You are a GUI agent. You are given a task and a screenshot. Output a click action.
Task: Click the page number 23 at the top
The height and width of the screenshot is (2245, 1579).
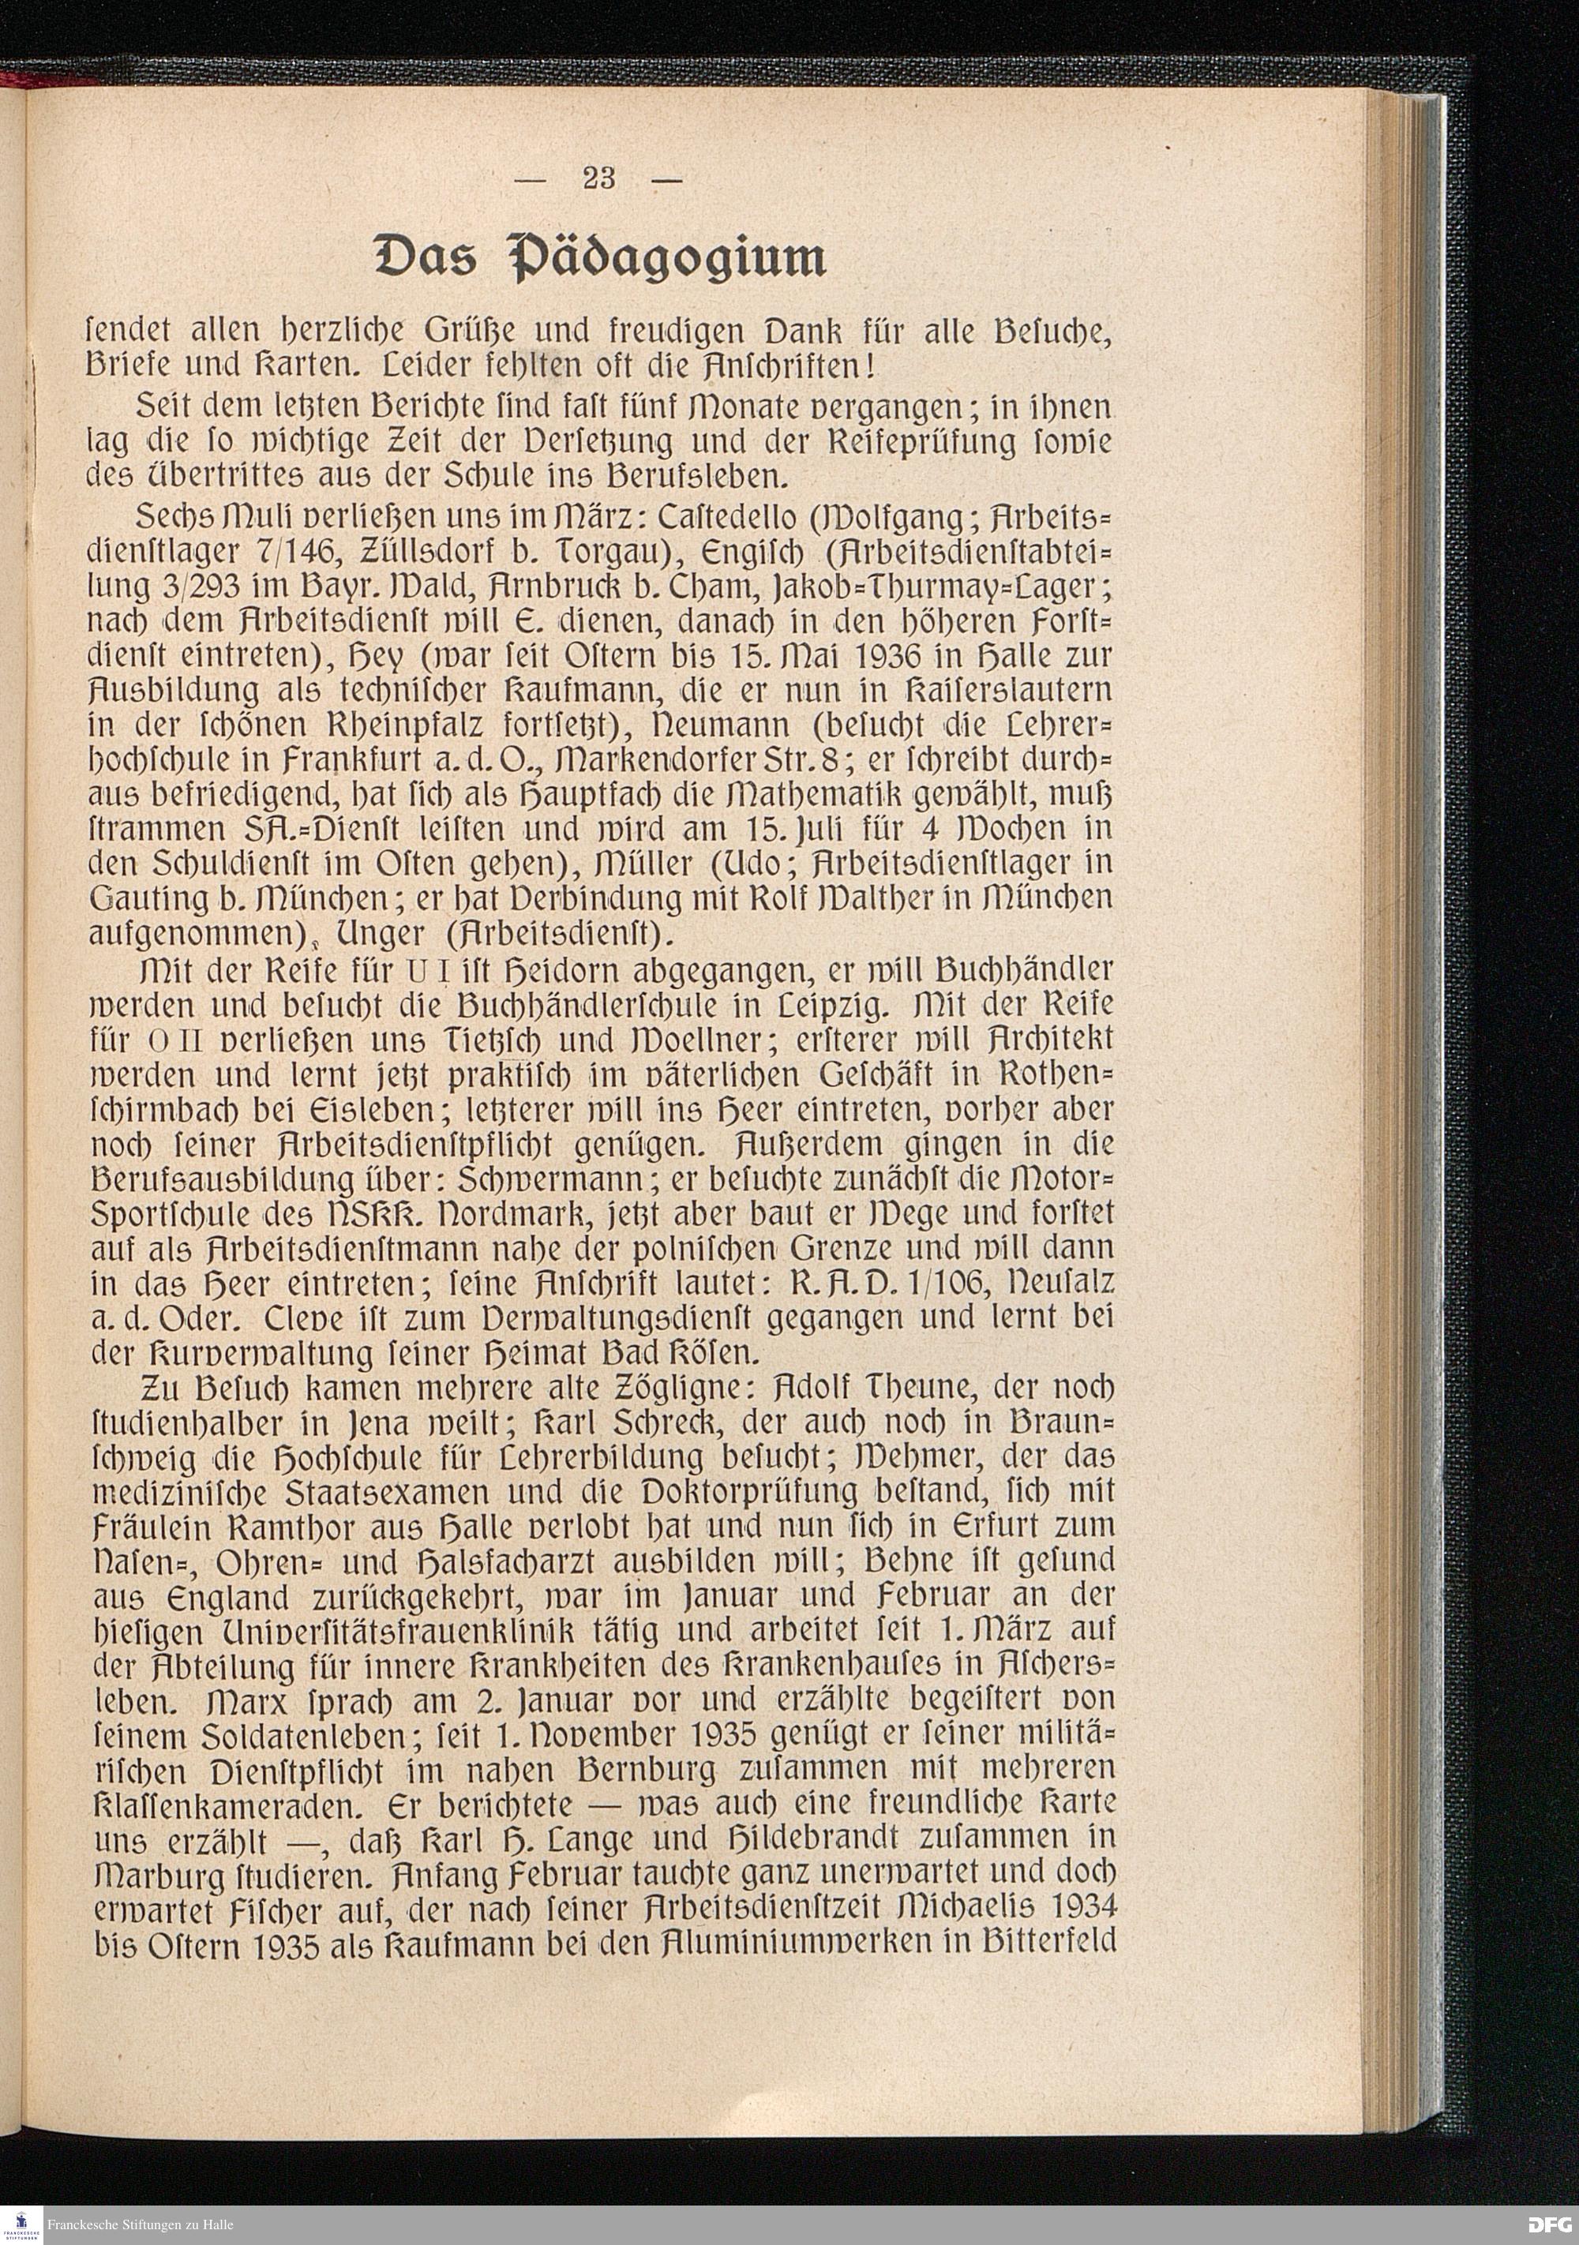(x=598, y=178)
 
